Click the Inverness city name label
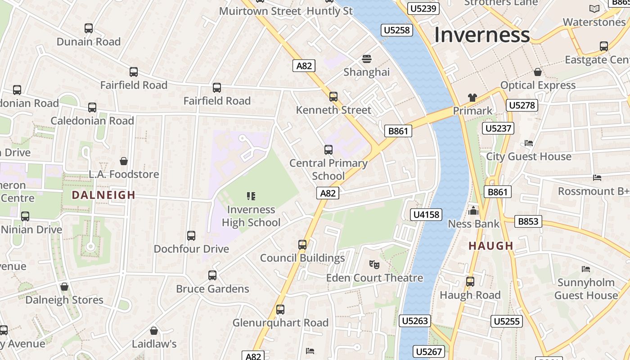click(x=481, y=35)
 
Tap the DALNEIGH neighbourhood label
click(x=103, y=195)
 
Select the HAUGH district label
click(x=491, y=246)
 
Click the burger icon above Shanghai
click(x=367, y=59)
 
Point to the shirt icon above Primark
click(x=472, y=97)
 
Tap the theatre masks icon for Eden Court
click(x=374, y=264)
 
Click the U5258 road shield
click(x=396, y=30)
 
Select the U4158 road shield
click(x=426, y=215)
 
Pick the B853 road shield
click(x=528, y=221)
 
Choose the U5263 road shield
click(x=414, y=321)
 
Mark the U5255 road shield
click(x=507, y=321)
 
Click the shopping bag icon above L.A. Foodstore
click(x=123, y=161)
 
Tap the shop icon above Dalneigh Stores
click(x=64, y=287)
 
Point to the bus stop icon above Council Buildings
click(x=302, y=245)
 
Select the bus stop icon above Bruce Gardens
click(x=212, y=275)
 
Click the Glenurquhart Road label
click(x=280, y=323)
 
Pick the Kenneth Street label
click(x=333, y=110)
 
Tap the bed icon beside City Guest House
click(x=529, y=143)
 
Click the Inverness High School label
click(x=251, y=216)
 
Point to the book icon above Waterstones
click(x=594, y=9)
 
